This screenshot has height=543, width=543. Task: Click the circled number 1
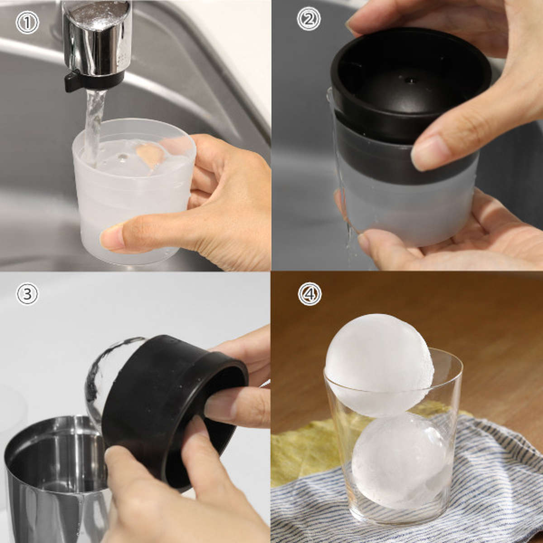coord(27,23)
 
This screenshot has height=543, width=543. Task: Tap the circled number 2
coord(309,19)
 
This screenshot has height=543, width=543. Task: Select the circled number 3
coord(27,294)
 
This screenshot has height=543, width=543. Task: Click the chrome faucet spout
coord(97,38)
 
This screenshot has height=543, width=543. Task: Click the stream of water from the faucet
coord(95,127)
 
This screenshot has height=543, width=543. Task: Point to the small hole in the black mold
coord(410,80)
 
